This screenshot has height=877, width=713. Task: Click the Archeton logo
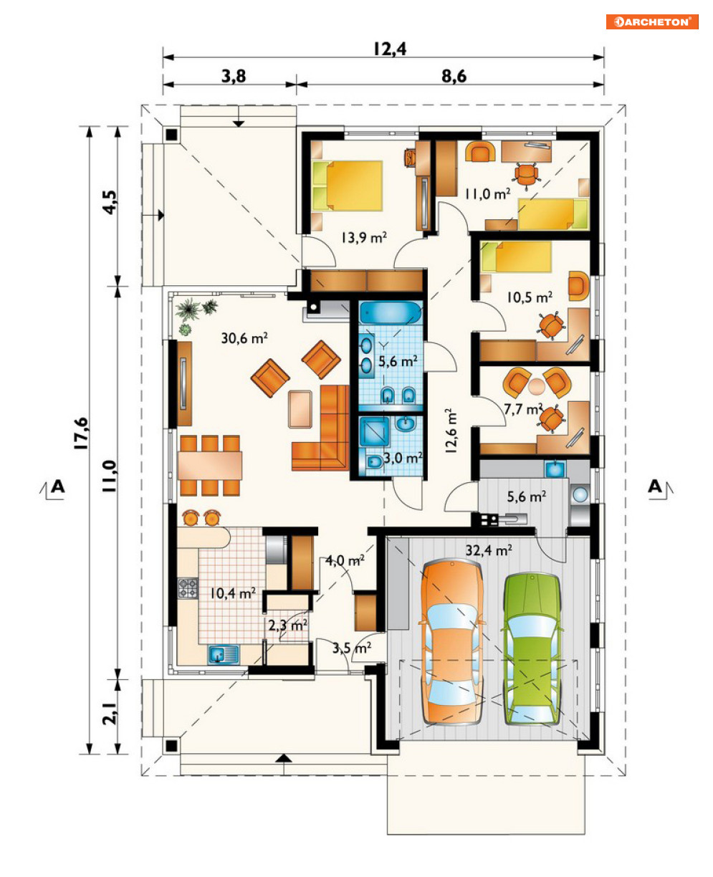pyautogui.click(x=652, y=21)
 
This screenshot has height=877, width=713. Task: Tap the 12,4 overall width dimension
pyautogui.click(x=390, y=49)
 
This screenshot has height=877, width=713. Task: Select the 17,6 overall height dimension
pyautogui.click(x=82, y=433)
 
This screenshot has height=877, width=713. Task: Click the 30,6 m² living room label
pyautogui.click(x=244, y=338)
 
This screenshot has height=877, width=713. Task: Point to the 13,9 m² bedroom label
pyautogui.click(x=364, y=237)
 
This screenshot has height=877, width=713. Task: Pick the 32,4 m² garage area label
pyautogui.click(x=489, y=550)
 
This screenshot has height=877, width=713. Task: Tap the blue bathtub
pyautogui.click(x=390, y=312)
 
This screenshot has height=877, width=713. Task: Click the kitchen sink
pyautogui.click(x=223, y=654)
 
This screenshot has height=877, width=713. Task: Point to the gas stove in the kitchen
pyautogui.click(x=188, y=588)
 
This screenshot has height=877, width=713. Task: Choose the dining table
pyautogui.click(x=210, y=465)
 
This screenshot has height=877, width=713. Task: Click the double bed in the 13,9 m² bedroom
pyautogui.click(x=347, y=186)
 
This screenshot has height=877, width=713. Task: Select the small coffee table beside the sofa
pyautogui.click(x=300, y=409)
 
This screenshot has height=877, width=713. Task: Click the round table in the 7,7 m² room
pyautogui.click(x=536, y=387)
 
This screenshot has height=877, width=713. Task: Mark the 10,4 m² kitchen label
pyautogui.click(x=233, y=593)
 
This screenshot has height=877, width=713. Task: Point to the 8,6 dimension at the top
pyautogui.click(x=454, y=76)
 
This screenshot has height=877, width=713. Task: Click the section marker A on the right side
pyautogui.click(x=657, y=487)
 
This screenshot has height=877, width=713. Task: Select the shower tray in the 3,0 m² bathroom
pyautogui.click(x=374, y=432)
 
